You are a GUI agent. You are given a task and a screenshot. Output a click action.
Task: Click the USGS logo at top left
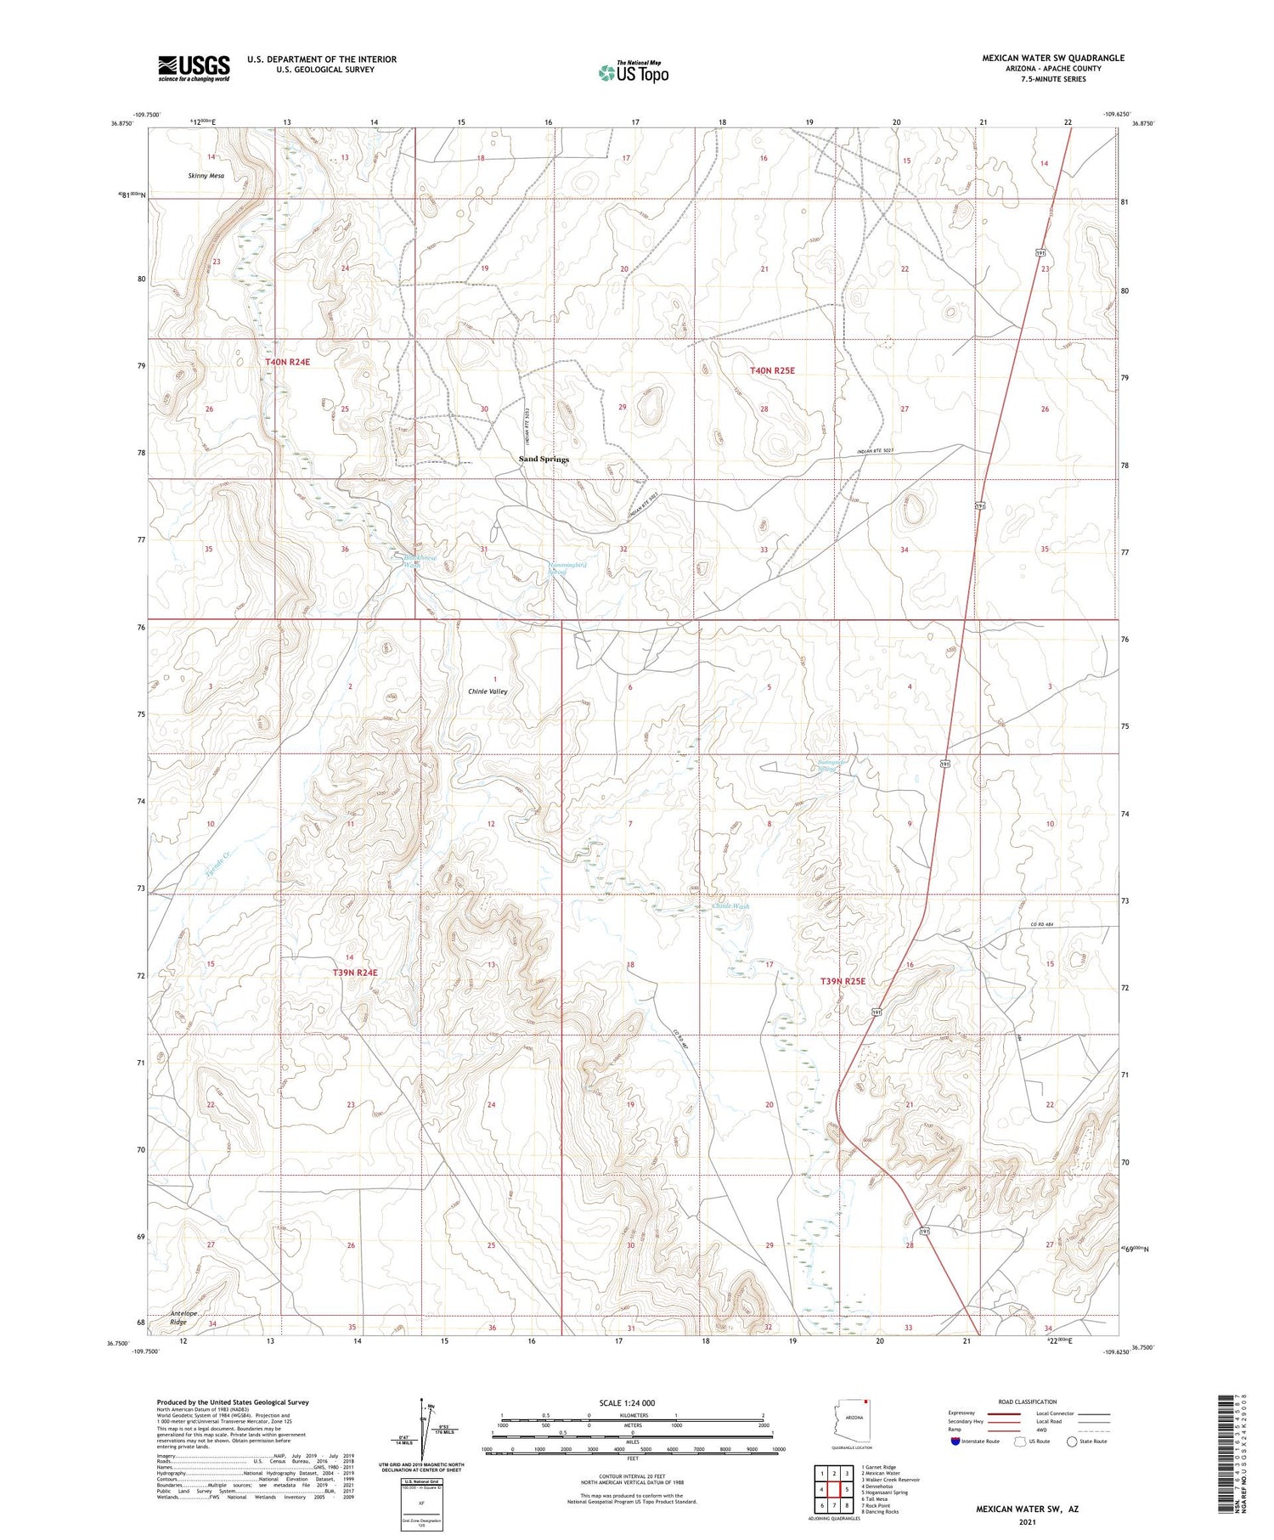point(194,68)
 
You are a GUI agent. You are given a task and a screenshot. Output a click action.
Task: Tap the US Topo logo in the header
point(633,72)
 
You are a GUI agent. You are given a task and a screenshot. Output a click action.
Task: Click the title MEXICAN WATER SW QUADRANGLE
point(1053,58)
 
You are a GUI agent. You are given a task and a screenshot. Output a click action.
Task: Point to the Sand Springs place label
point(544,459)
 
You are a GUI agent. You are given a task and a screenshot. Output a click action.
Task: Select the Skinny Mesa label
point(206,175)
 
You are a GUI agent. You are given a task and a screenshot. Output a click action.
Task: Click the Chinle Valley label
point(488,691)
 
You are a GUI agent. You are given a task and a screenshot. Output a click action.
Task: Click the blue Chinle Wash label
point(730,906)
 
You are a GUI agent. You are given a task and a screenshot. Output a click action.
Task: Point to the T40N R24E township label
point(288,362)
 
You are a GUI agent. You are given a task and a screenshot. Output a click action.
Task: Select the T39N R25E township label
point(843,981)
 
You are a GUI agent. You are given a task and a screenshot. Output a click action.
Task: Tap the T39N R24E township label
point(355,972)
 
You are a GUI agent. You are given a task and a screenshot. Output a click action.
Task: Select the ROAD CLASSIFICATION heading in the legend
point(1027,1402)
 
